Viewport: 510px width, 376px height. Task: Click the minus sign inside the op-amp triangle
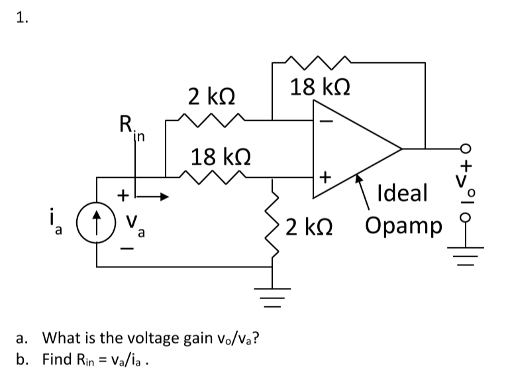[x=325, y=121]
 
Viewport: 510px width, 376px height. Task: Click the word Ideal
[x=401, y=194]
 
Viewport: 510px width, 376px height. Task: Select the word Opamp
[x=402, y=225]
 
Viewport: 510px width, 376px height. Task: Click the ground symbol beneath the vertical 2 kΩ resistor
[x=272, y=293]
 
